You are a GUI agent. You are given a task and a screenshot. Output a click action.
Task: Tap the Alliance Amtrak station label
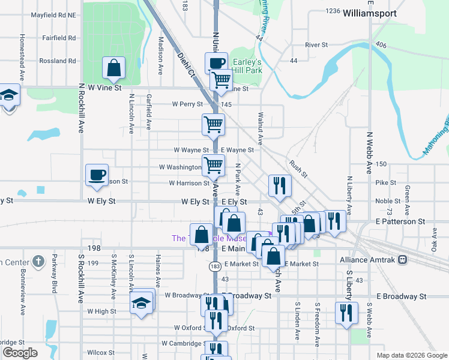tap(367, 260)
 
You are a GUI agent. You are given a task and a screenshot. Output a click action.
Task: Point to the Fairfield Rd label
tap(59, 38)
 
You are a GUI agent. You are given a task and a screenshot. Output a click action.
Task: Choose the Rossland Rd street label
tap(58, 61)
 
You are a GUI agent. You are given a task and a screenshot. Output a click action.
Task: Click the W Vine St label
tap(104, 88)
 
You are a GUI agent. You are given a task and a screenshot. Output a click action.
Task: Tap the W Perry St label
tap(187, 104)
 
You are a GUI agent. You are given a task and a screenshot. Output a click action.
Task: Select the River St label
tap(316, 45)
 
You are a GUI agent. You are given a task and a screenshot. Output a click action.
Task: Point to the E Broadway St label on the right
tap(401, 296)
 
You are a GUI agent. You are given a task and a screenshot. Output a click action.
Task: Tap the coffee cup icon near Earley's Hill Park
tap(216, 62)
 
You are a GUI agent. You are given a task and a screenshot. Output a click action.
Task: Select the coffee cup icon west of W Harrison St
tap(97, 175)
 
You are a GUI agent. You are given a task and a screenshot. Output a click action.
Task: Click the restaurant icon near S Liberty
tap(346, 312)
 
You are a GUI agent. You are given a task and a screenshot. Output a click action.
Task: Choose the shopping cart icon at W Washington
tap(213, 165)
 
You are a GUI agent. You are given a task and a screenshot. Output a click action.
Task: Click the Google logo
tap(20, 353)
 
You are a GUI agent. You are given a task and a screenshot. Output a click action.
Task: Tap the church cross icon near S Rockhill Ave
tap(38, 262)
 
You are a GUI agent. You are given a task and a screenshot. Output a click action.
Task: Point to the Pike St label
tap(386, 182)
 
